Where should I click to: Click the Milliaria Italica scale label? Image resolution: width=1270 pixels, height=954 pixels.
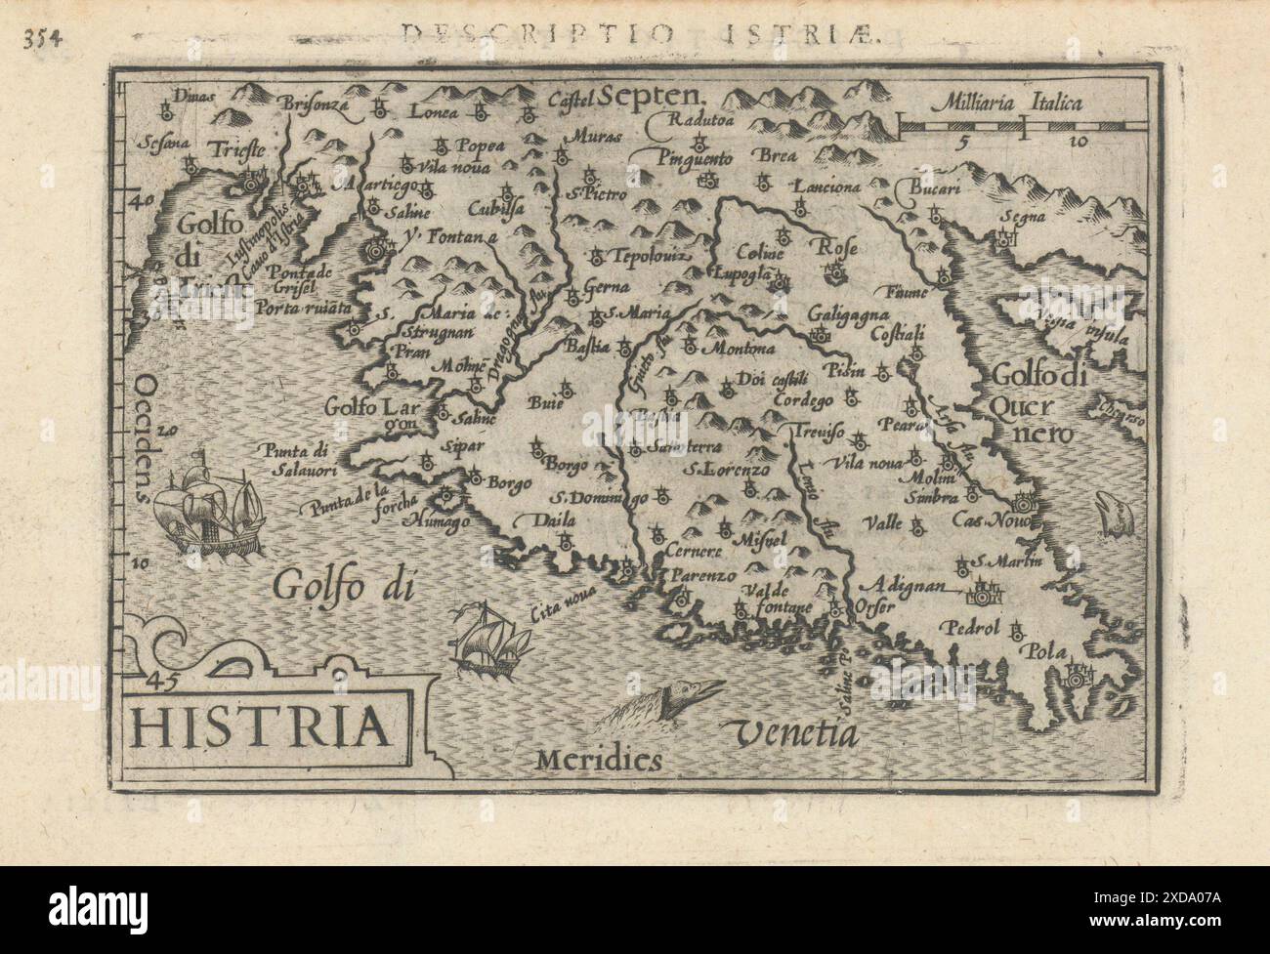(x=1007, y=101)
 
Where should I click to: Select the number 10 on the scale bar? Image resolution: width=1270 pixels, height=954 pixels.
(x=1079, y=142)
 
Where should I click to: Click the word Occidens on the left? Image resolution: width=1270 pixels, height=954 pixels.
(x=147, y=436)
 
